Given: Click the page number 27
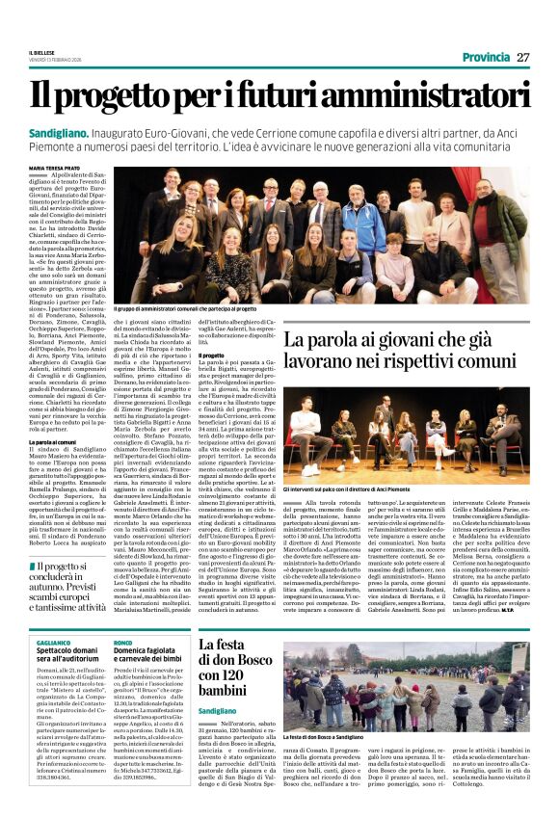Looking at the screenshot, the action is coord(522,57).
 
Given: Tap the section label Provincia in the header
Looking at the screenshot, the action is coord(486,57).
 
